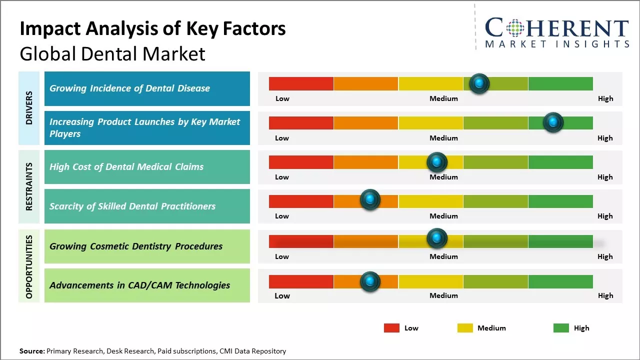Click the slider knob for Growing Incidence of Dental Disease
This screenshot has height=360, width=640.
pos(479,83)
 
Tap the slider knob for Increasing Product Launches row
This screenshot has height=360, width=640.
pos(553,122)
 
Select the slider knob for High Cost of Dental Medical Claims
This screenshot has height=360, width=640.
pos(437,162)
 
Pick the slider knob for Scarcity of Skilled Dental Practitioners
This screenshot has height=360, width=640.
pos(370,200)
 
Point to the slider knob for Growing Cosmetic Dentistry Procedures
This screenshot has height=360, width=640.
pos(437,238)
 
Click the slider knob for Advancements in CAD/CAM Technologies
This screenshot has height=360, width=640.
pos(370,281)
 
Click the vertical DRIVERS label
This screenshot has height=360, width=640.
pos(29,108)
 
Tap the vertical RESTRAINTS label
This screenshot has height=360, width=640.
pos(29,186)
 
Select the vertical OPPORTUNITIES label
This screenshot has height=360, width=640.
pos(29,266)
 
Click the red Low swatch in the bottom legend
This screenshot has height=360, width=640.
pos(391,328)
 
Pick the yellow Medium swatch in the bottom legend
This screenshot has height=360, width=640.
pos(465,328)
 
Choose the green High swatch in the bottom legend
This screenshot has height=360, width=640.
pos(561,328)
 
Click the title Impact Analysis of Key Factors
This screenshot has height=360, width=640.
pos(152,28)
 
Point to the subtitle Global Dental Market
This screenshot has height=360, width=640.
pos(112,53)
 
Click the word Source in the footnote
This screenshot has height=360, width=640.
pos(31,351)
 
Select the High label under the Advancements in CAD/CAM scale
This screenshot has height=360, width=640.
pos(605,295)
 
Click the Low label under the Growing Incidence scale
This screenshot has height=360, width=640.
pos(282,98)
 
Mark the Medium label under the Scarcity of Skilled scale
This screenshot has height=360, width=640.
pos(443,216)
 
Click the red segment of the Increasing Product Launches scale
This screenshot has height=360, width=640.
pos(301,123)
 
